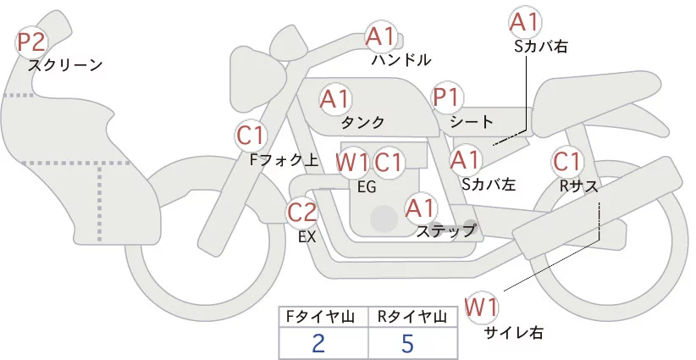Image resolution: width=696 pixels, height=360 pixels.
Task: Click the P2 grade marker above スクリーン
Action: pyautogui.click(x=32, y=42)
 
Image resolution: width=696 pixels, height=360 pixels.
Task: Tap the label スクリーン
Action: pyautogui.click(x=65, y=65)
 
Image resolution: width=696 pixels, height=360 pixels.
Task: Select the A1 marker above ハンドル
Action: pyautogui.click(x=380, y=36)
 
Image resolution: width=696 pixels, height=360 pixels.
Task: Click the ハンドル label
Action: pyautogui.click(x=401, y=60)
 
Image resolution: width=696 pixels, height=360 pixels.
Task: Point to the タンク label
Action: pyautogui.click(x=362, y=122)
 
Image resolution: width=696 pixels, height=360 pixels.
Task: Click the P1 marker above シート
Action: pyautogui.click(x=445, y=98)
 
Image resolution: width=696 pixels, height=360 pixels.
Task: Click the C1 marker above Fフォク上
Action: pyautogui.click(x=251, y=135)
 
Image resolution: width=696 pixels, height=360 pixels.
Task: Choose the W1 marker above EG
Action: pyautogui.click(x=351, y=162)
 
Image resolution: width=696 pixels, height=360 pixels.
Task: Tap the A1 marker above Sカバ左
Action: pyautogui.click(x=465, y=158)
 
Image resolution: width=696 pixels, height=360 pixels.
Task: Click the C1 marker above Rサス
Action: pyautogui.click(x=566, y=161)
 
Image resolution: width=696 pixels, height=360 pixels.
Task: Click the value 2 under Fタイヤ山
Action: pyautogui.click(x=318, y=344)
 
